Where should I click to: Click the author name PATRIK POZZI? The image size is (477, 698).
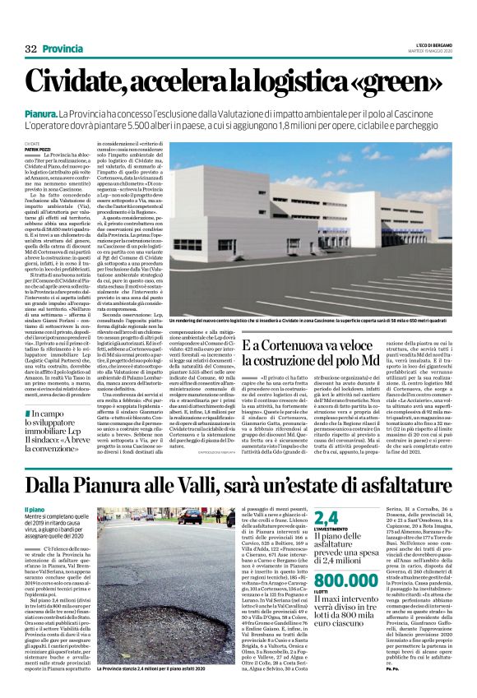(37, 148)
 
